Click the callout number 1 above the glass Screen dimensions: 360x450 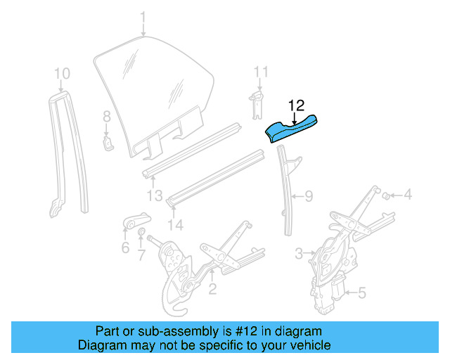(143, 16)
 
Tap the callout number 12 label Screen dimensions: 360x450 (296, 105)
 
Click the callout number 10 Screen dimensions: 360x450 (62, 73)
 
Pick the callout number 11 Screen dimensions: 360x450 (261, 72)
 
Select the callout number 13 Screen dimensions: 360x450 (155, 195)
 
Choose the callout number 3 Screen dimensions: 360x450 (299, 252)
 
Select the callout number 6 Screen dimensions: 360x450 (125, 247)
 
